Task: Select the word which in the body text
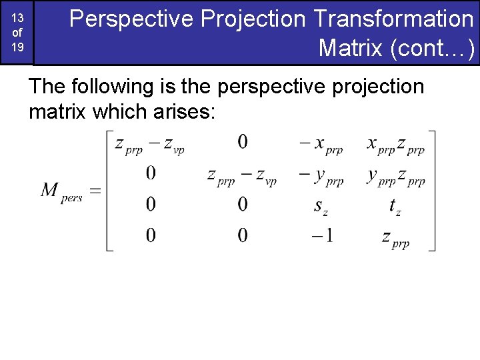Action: click(118, 111)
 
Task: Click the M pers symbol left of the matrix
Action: click(61, 192)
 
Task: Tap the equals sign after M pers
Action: click(95, 191)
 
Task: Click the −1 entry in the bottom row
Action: click(321, 235)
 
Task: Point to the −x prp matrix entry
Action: click(321, 144)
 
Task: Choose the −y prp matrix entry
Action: click(321, 176)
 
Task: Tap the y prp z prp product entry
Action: click(395, 176)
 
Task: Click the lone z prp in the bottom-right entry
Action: click(395, 237)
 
